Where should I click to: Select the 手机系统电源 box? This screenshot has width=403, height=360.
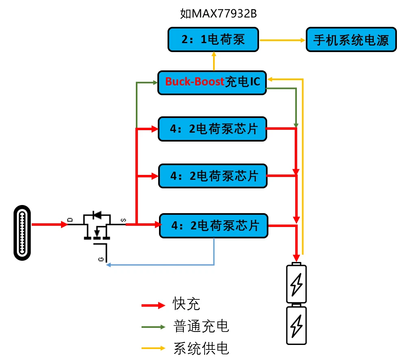click(351, 39)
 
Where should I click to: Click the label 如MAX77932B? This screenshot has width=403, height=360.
click(218, 14)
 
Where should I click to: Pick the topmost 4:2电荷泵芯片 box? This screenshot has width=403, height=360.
click(213, 129)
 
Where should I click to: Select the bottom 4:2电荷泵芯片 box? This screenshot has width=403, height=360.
click(213, 225)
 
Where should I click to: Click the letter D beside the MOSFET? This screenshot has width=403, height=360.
click(70, 220)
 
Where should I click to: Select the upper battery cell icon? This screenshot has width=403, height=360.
click(296, 284)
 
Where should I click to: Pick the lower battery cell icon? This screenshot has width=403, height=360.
click(296, 325)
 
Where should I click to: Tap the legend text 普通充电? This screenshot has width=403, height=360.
click(201, 326)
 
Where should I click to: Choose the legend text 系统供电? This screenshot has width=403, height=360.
click(201, 348)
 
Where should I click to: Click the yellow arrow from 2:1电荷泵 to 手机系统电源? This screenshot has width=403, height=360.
click(282, 40)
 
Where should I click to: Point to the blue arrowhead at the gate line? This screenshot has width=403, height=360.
click(109, 265)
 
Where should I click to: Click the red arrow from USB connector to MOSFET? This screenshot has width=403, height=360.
click(49, 225)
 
